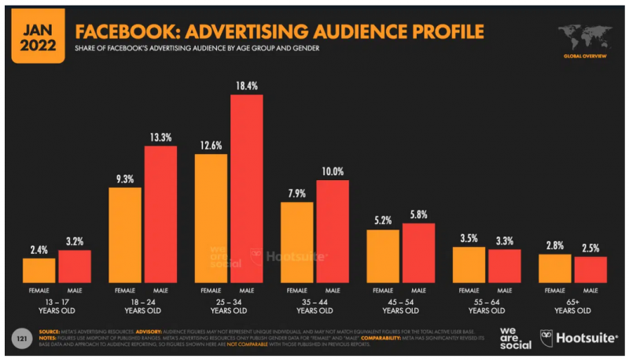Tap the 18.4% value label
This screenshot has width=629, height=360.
pos(246,85)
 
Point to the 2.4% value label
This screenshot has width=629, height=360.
pos(39,249)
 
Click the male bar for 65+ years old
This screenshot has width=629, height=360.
pos(590,269)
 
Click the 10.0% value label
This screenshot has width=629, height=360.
pos(332,171)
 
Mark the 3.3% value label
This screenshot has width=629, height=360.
pos(504,239)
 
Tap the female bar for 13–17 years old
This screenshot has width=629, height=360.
pos(39,270)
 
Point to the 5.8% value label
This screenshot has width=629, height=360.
pos(417,213)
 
